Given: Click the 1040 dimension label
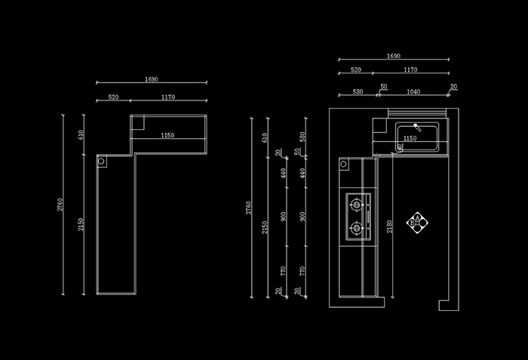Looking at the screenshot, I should tap(413, 91).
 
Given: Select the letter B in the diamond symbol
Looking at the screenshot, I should tap(411, 223).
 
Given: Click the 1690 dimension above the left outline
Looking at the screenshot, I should tap(151, 78).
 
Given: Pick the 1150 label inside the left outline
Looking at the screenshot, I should tap(167, 136).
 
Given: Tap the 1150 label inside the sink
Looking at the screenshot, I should tap(410, 138).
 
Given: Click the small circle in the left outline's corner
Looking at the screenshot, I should tap(101, 161).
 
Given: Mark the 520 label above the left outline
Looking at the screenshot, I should tap(113, 97).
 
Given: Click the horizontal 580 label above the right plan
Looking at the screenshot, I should tap(358, 91).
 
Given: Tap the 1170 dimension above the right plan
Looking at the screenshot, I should tap(410, 69).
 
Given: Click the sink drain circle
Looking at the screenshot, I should tap(399, 148).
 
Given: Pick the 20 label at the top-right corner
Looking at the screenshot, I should tap(453, 87).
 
